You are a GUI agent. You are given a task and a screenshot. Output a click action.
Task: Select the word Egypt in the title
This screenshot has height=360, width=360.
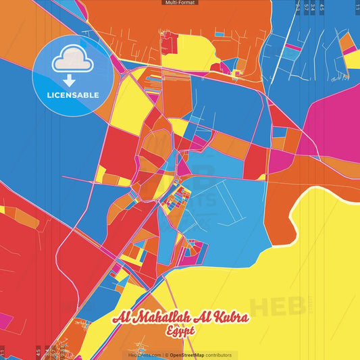pyautogui.click(x=180, y=331)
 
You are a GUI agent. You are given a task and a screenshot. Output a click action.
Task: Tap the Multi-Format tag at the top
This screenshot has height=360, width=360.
pyautogui.click(x=180, y=3)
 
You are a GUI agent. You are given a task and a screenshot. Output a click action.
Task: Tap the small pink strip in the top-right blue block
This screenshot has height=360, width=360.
pyautogui.click(x=292, y=48)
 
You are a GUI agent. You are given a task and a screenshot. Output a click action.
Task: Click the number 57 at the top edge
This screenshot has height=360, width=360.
pyautogui.click(x=305, y=7)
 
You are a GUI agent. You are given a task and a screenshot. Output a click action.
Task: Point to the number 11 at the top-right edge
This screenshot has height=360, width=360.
pyautogui.click(x=357, y=7)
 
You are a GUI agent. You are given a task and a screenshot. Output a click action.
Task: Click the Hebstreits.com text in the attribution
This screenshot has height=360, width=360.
pyautogui.click(x=145, y=355)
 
